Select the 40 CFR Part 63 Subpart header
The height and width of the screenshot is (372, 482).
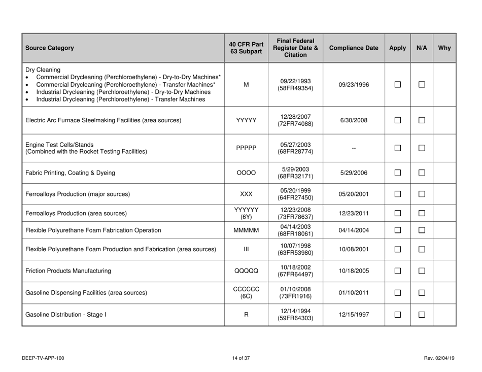point(243,49)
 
